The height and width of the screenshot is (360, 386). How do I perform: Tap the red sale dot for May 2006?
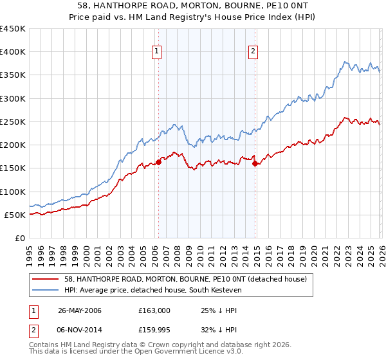click(x=158, y=162)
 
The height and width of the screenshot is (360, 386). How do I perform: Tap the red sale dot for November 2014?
click(x=255, y=163)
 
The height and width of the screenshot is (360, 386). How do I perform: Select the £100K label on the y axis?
click(x=13, y=192)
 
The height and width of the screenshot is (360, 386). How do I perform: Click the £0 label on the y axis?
click(x=20, y=238)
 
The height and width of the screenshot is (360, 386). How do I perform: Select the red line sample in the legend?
click(x=46, y=279)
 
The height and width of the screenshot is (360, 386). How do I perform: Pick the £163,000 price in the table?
click(x=154, y=310)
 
